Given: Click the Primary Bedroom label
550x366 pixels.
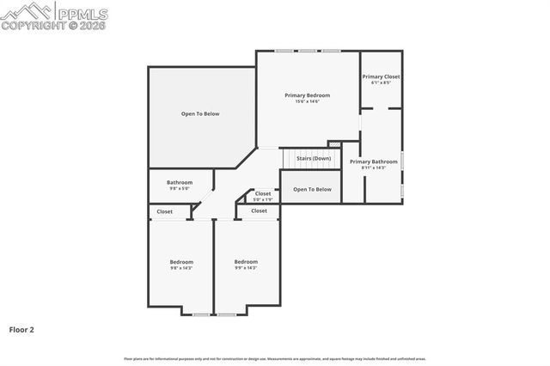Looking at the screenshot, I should click(x=308, y=95).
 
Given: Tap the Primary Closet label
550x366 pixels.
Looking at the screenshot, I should click(x=381, y=76).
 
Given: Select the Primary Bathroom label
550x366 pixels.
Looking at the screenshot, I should click(x=373, y=162).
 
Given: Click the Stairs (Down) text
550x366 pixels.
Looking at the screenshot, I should click(x=314, y=158).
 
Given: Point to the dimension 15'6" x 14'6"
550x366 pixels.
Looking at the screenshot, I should click(x=308, y=101).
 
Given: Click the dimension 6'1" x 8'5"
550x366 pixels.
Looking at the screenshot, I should click(x=381, y=82).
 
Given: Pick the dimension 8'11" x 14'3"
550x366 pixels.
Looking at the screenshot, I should click(x=373, y=168).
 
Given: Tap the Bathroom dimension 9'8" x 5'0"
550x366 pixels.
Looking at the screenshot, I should click(x=180, y=188).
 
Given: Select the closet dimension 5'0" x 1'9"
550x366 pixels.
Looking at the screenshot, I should click(x=263, y=199).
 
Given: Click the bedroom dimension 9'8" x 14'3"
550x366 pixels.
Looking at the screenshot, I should click(x=181, y=268).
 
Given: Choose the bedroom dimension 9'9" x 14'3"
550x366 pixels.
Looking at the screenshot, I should click(x=246, y=268).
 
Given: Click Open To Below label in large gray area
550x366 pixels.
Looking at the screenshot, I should click(x=200, y=113).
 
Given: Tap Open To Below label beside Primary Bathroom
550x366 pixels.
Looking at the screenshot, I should click(x=312, y=189).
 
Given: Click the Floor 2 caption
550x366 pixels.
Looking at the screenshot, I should click(x=21, y=329).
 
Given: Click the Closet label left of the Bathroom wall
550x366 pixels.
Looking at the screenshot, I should click(x=164, y=211).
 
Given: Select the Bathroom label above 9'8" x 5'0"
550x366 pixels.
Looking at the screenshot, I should click(x=180, y=182).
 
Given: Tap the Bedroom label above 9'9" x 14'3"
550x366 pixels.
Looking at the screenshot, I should click(x=246, y=262).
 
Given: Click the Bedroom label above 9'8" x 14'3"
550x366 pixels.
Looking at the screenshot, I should click(x=181, y=262).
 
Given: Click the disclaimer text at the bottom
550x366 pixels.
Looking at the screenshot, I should click(x=275, y=358).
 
